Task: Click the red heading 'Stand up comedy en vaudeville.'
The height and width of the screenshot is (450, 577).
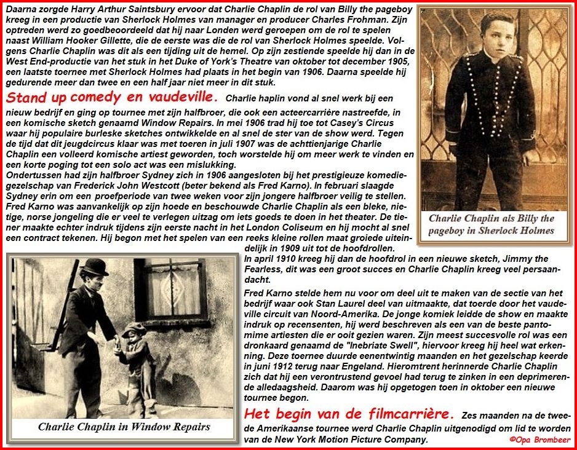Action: coord(112,98)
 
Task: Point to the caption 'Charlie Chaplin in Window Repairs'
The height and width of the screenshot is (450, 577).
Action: coord(124,426)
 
